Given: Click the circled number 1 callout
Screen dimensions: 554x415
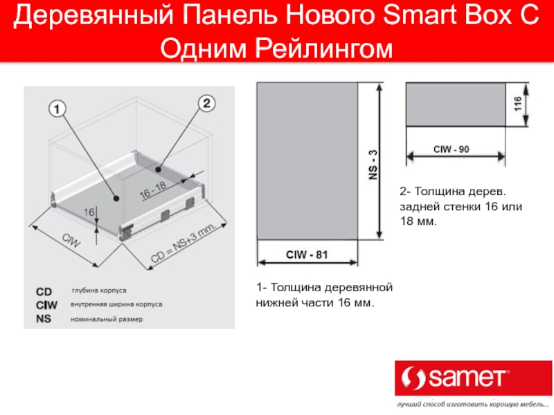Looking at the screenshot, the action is [57, 109].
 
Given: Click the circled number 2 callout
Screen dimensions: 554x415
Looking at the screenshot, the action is [206, 103].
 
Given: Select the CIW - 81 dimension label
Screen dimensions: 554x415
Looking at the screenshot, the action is [307, 255].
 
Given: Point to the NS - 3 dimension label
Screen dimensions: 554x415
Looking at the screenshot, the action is [373, 165].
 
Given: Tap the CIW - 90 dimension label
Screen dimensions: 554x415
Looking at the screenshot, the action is [452, 149].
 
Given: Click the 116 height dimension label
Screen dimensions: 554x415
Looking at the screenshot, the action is [517, 104].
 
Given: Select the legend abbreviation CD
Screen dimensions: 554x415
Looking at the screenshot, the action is [44, 292].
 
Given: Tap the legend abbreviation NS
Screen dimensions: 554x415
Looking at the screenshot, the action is [44, 319].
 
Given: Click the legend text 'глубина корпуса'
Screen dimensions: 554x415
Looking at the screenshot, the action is [99, 290].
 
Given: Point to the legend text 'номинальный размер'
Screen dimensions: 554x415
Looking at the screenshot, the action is [107, 320].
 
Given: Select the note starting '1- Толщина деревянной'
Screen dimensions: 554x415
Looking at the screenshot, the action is [324, 295].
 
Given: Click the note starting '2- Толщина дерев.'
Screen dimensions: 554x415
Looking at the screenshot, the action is [461, 206].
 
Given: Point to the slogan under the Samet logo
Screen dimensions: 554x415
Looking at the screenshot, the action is [472, 405].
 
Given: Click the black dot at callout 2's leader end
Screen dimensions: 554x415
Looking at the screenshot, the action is [159, 169].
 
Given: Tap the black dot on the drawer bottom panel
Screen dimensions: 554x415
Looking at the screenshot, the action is [116, 199].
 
